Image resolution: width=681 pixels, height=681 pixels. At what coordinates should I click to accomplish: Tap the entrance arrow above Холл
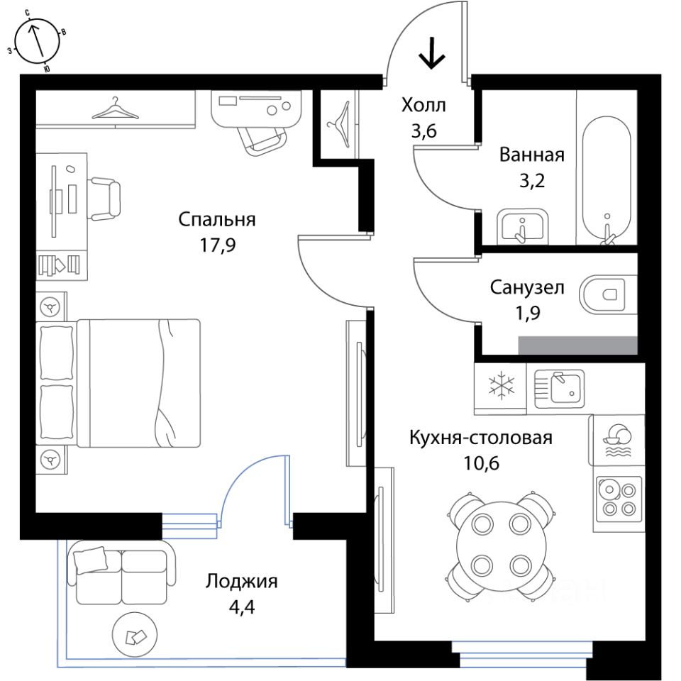point(432,53)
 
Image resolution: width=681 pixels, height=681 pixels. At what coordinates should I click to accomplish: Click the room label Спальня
point(217,220)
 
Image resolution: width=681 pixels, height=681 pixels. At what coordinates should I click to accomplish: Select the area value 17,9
point(217,245)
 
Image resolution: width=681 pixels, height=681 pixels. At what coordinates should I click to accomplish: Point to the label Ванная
point(531,155)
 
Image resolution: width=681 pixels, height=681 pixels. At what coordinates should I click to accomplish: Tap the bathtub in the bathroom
point(607,179)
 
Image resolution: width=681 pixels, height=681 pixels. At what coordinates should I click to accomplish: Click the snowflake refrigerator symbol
point(501,385)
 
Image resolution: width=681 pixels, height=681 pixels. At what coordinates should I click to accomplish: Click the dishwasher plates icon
point(617,440)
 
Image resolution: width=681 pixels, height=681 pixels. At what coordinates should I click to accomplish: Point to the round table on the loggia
point(135,635)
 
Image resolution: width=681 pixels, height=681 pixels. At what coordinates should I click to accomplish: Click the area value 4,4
point(241,607)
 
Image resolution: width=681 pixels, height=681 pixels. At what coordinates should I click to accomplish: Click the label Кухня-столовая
point(481,438)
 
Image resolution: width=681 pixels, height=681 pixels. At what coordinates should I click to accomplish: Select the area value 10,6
point(481,463)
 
